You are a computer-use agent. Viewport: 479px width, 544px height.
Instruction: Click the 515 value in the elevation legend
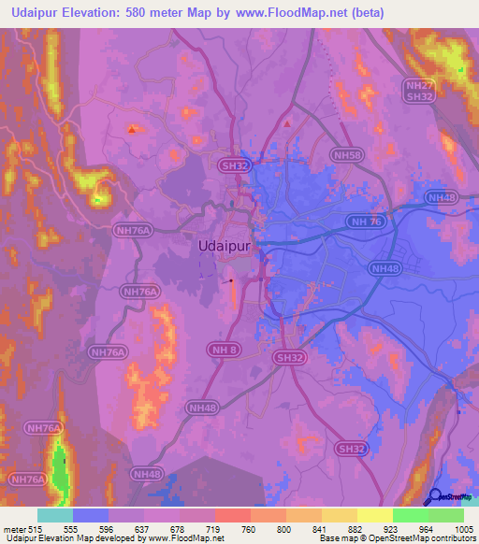click(x=36, y=528)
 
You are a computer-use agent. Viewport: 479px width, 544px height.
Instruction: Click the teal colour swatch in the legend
click(x=54, y=515)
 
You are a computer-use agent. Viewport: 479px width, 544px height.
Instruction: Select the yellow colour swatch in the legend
click(x=374, y=515)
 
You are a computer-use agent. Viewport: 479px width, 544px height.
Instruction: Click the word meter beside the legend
click(x=13, y=528)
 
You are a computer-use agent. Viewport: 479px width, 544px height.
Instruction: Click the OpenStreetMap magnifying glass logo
click(x=436, y=497)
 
